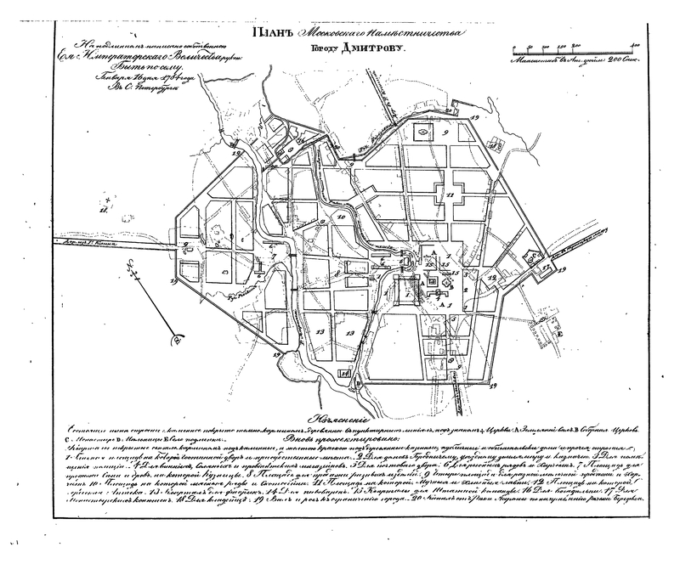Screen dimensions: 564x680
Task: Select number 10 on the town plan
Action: tap(340, 219)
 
